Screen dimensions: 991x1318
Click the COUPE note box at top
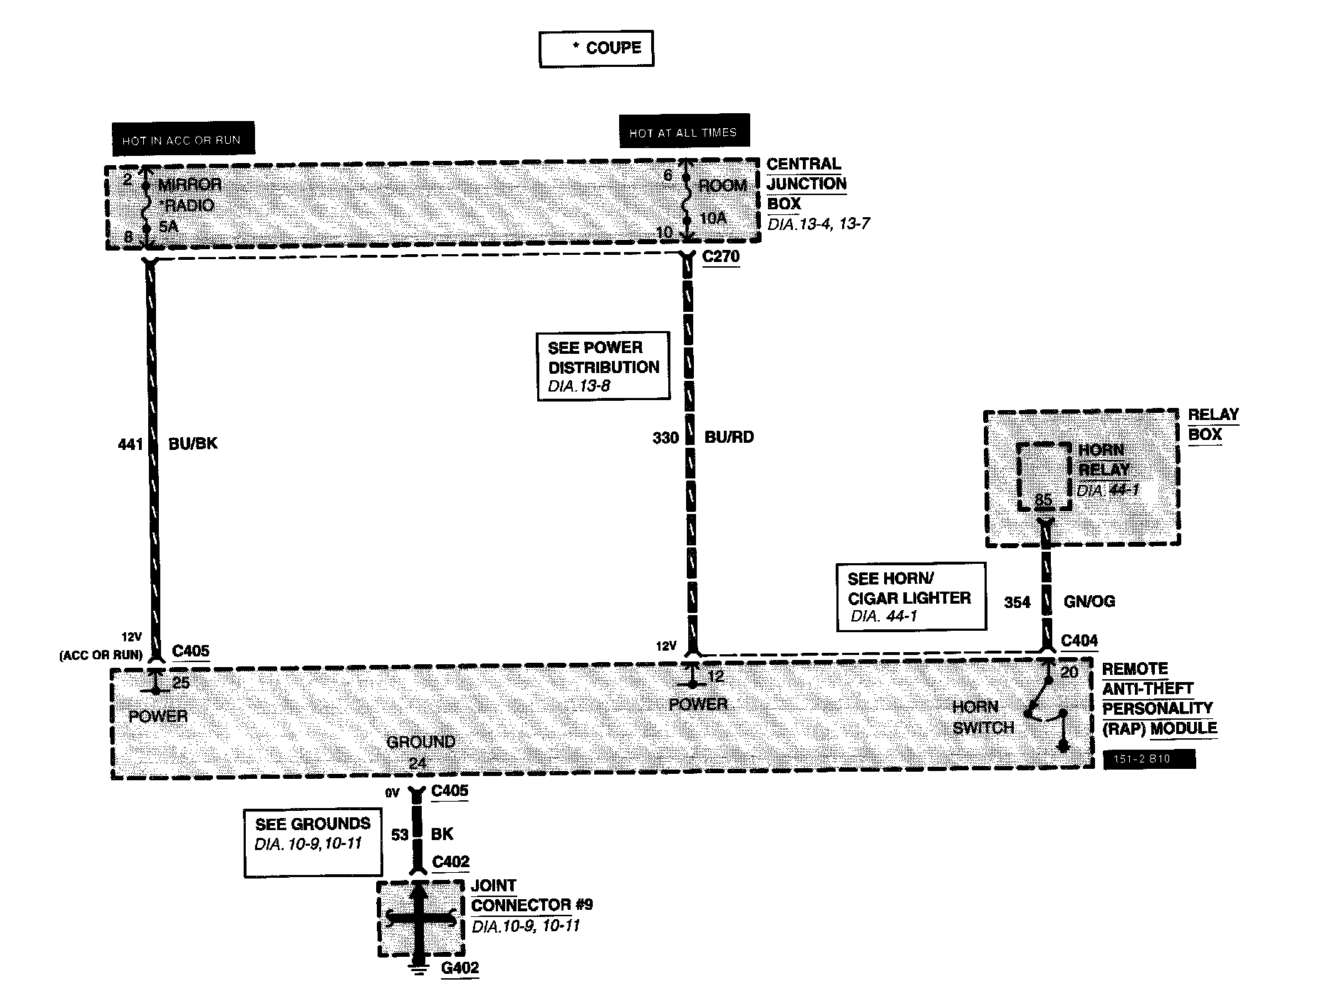click(x=596, y=48)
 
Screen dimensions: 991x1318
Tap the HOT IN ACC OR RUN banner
click(x=182, y=140)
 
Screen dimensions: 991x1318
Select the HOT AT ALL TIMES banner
click(x=684, y=132)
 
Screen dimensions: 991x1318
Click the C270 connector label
click(x=721, y=256)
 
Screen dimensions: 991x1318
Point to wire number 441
click(x=130, y=444)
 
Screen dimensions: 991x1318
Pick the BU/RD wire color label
click(x=729, y=437)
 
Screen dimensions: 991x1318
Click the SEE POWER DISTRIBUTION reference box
click(x=603, y=366)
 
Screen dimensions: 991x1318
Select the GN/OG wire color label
click(x=1089, y=602)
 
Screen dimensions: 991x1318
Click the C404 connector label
click(x=1079, y=641)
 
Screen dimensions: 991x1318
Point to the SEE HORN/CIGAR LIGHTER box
click(x=911, y=597)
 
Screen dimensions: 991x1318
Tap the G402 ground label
click(x=460, y=968)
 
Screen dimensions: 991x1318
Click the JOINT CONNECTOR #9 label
click(x=531, y=896)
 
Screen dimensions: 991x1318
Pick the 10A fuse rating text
click(x=712, y=219)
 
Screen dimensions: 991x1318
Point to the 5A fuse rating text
click(x=168, y=227)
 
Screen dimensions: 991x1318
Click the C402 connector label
click(x=451, y=862)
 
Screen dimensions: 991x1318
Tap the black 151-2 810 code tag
click(x=1148, y=759)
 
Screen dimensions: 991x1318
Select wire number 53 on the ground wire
click(x=400, y=834)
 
